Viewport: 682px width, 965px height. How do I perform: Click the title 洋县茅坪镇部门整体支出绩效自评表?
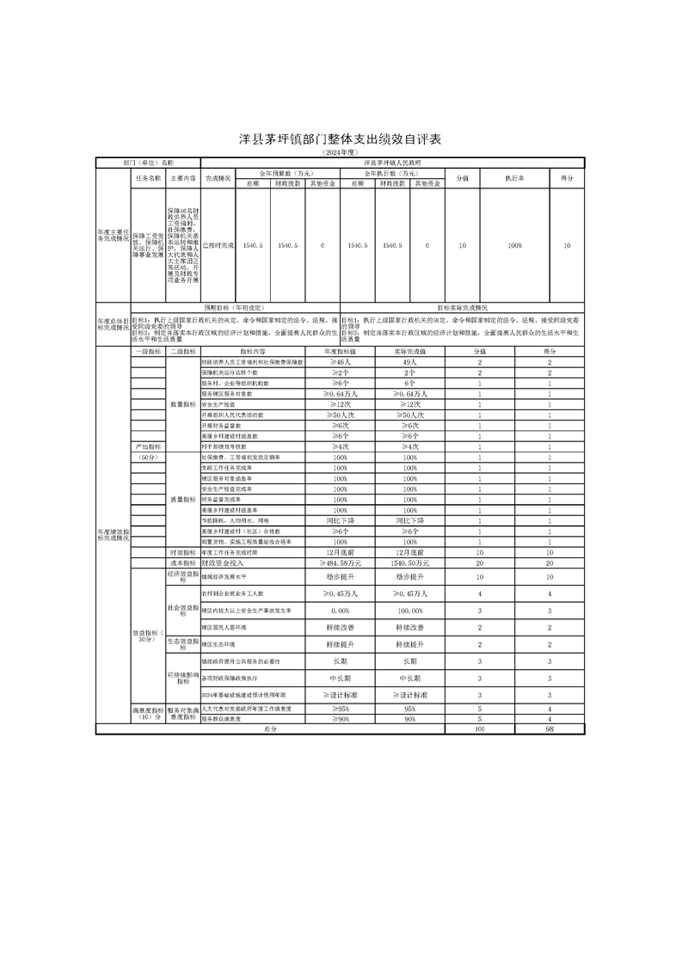pos(340,139)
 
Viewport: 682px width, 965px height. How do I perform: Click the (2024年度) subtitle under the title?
pos(340,152)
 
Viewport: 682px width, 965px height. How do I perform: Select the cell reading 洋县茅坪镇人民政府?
pos(392,162)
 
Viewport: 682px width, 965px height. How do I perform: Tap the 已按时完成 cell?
pos(218,246)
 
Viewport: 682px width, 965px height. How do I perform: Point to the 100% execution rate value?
pos(514,246)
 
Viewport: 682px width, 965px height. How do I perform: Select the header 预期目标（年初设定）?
pos(234,307)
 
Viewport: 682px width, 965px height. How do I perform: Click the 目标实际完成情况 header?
pos(462,307)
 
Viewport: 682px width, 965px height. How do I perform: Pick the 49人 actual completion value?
pos(410,362)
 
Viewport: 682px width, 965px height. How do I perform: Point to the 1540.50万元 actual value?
pos(410,562)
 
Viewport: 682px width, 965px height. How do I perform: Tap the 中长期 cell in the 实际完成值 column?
pos(410,677)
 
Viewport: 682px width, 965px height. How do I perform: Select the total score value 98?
pos(549,728)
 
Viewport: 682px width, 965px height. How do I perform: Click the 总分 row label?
pos(270,728)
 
